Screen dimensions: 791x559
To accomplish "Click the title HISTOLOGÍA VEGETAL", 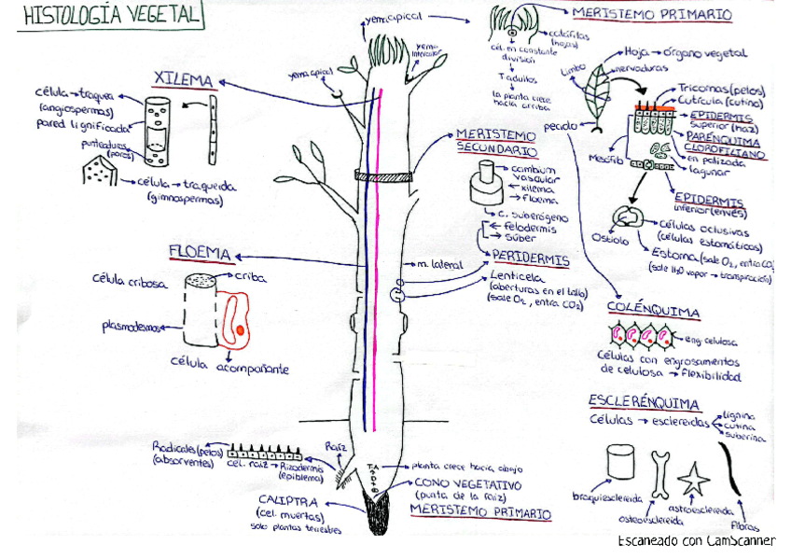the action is click(x=111, y=16).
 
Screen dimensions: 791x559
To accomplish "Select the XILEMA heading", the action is click(x=185, y=80).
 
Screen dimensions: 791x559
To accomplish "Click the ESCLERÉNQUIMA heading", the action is click(x=645, y=402).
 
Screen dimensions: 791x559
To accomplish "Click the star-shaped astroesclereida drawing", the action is click(x=693, y=479).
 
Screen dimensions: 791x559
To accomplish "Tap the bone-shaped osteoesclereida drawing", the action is click(x=660, y=474).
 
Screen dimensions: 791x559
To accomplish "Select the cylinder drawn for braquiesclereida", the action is click(x=619, y=463).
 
